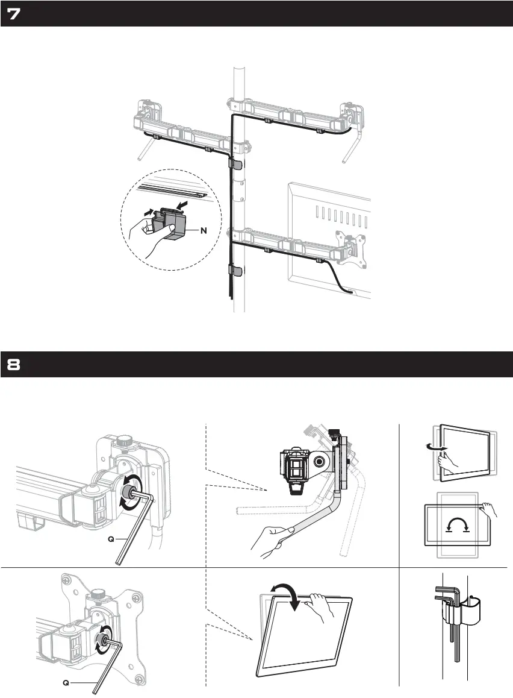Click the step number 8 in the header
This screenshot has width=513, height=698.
point(14,365)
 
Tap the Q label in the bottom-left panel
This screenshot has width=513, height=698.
point(70,682)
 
